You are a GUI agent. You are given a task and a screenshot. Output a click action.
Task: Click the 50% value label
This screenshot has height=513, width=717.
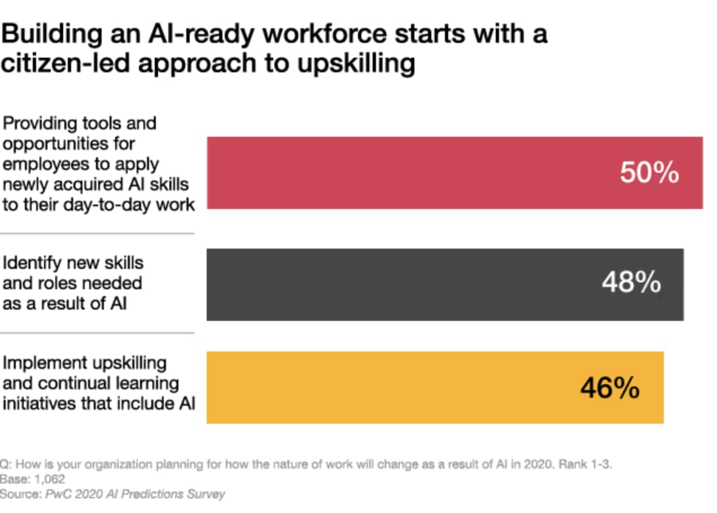point(649,173)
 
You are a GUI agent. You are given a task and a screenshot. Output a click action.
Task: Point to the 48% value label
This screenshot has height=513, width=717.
point(631,282)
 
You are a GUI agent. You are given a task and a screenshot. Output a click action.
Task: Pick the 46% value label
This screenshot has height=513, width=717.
point(610,388)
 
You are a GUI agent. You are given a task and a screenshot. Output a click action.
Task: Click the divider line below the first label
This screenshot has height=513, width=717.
point(97,233)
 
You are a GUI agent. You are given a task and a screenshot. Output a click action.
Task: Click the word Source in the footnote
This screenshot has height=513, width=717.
point(18,494)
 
